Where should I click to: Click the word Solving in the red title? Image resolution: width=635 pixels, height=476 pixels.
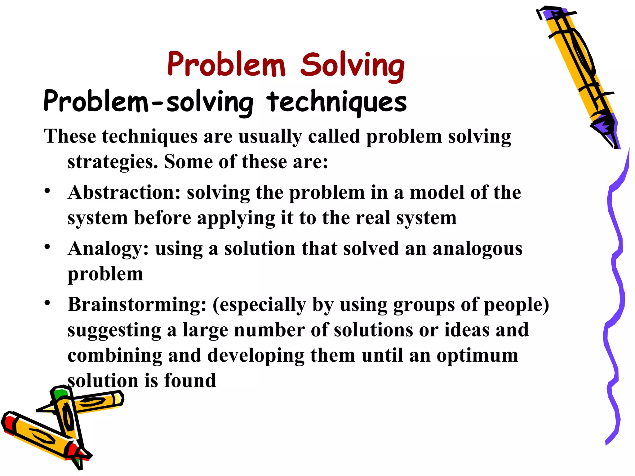353,65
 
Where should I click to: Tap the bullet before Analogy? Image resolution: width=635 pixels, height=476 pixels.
47,247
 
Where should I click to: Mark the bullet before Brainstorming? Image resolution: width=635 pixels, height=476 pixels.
47,303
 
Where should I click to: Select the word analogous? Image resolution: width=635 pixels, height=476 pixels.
477,249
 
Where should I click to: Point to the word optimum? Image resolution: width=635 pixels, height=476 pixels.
477,356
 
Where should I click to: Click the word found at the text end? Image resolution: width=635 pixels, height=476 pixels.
190,381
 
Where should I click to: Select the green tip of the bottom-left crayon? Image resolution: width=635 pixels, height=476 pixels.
60,393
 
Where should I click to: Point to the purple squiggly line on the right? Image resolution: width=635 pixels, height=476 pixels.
615,294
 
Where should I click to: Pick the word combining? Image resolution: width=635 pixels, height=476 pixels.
115,356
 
